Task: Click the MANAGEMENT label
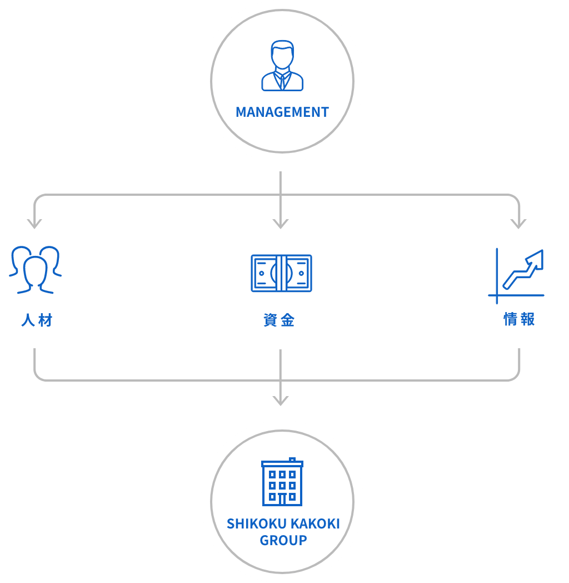point(282,112)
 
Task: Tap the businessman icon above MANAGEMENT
point(282,66)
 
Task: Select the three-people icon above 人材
point(35,270)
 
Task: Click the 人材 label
point(37,320)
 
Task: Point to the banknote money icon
point(281,274)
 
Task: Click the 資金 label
point(279,320)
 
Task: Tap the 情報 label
point(519,319)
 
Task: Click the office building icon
point(282,482)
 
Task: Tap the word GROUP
point(283,540)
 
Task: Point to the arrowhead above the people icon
point(34,224)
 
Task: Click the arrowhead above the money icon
point(281,224)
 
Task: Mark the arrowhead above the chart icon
point(518,224)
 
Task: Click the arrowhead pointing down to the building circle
point(281,400)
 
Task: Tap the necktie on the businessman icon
point(283,81)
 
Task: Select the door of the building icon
point(282,500)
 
